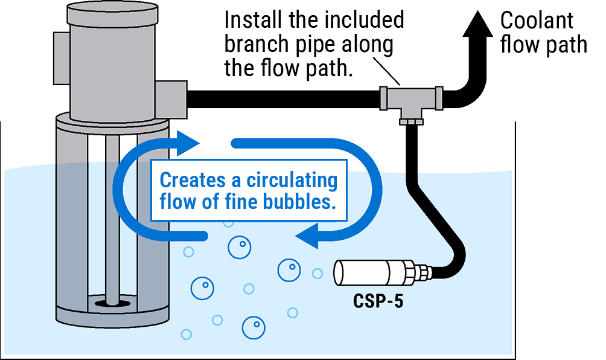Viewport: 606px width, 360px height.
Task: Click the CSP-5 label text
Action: (x=378, y=301)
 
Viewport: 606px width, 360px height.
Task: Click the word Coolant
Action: (x=537, y=21)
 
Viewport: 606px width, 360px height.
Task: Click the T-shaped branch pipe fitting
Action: (x=411, y=99)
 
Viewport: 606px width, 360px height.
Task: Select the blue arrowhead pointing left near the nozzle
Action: (x=307, y=236)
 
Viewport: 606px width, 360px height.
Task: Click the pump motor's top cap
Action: (x=112, y=10)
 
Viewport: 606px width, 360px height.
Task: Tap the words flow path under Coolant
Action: (x=543, y=46)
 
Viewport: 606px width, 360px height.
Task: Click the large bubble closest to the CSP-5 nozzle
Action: (x=289, y=270)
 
